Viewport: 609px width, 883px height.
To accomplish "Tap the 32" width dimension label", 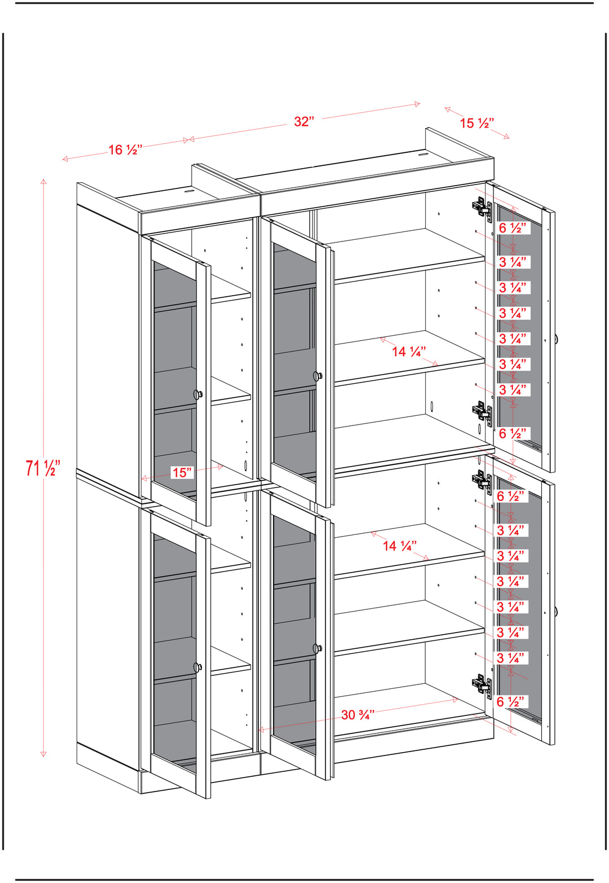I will click(x=304, y=122).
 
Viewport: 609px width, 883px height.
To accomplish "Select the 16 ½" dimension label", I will click(x=125, y=150).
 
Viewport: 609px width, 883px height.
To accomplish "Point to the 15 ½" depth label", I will click(x=476, y=123).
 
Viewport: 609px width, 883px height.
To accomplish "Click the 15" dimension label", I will click(x=182, y=472).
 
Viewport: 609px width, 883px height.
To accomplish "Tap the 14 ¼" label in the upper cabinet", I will click(x=408, y=352).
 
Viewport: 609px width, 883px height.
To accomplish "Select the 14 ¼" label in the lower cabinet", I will click(x=399, y=546).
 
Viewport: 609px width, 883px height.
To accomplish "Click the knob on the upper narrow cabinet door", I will click(x=198, y=394).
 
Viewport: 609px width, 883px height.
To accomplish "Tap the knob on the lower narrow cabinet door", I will click(x=198, y=667).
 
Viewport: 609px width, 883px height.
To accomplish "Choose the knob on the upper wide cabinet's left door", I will click(x=318, y=375).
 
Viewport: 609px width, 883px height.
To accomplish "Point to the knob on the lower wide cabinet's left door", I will click(x=318, y=648).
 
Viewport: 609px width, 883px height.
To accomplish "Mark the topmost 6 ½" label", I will click(x=513, y=228).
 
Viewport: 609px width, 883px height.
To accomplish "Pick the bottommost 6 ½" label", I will click(x=510, y=702).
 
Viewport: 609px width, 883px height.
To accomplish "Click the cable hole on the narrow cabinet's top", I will click(x=188, y=191).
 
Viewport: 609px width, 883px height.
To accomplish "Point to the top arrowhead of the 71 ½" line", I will click(x=43, y=182).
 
